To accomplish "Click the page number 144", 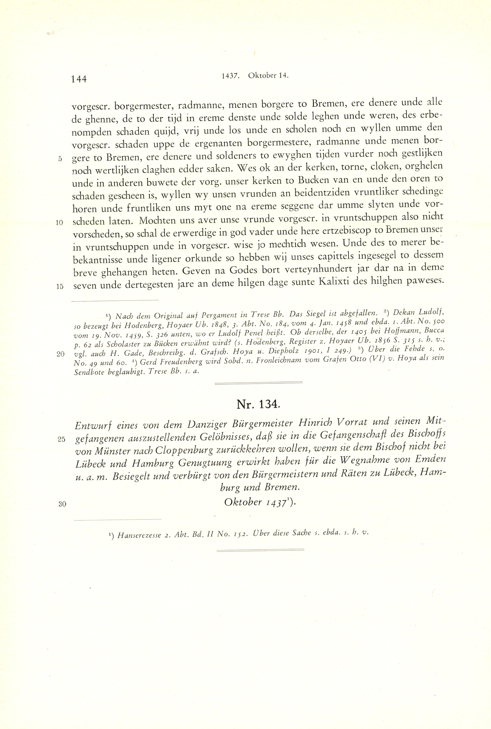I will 79,79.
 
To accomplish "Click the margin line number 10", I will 59,223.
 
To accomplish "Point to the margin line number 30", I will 62,504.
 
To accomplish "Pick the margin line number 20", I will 60,354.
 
